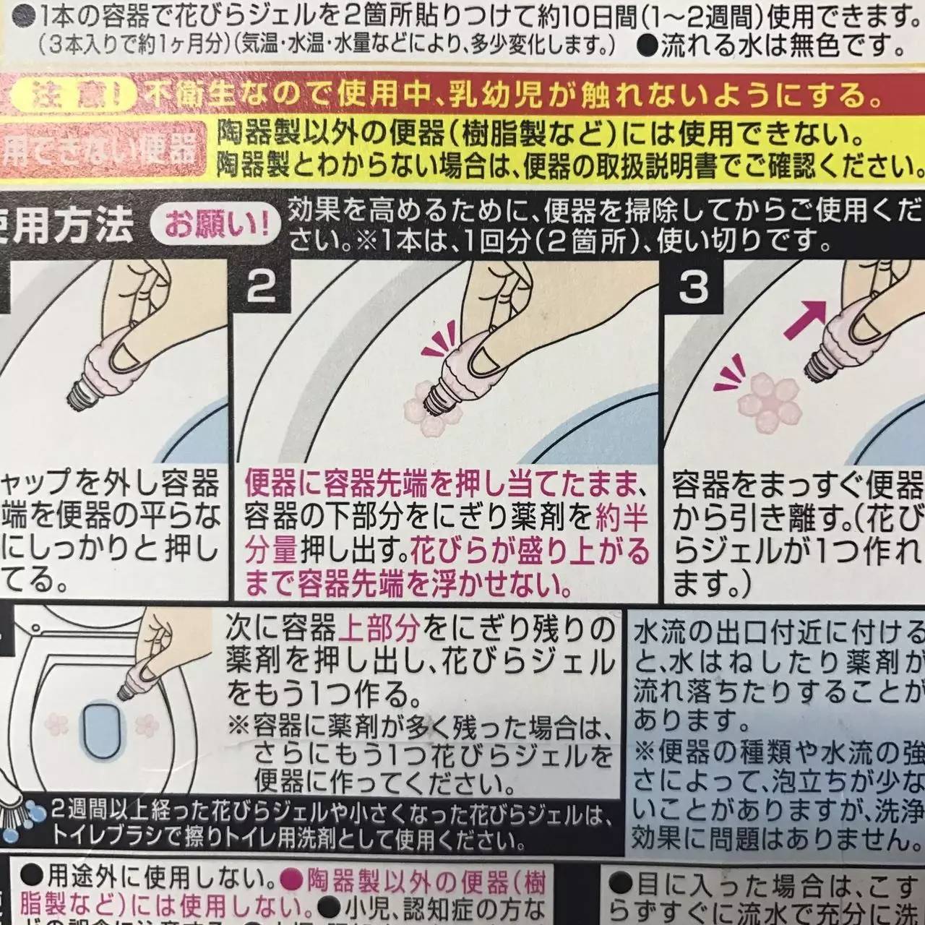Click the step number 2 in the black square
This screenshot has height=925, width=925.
pos(261,288)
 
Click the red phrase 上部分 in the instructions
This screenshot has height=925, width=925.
pos(379,629)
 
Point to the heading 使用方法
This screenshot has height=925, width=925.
pos(69,225)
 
